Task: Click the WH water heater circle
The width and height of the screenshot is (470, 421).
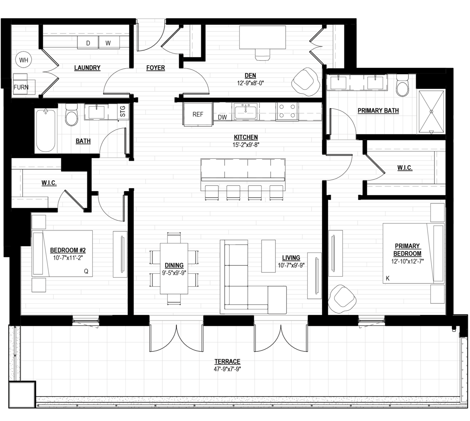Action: tap(24, 60)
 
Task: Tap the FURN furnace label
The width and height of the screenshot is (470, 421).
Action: tap(21, 87)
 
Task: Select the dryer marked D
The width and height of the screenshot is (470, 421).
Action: tap(88, 42)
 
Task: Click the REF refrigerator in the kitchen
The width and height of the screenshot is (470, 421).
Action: tap(198, 114)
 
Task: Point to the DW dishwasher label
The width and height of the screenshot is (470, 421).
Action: tap(222, 117)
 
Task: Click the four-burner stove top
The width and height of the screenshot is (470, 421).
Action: tap(287, 111)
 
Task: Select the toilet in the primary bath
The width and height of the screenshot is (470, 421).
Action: tap(402, 85)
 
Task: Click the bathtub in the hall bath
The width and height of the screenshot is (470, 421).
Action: tap(45, 131)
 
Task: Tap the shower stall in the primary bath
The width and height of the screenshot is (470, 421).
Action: tap(431, 112)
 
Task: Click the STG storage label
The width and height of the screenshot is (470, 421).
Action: tap(123, 111)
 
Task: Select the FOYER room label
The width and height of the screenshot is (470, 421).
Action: tap(155, 68)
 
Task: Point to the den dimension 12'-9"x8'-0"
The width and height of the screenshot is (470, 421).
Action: tap(250, 83)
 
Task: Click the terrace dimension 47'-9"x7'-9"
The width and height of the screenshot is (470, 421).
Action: tap(227, 369)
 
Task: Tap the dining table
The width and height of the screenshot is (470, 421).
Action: tap(174, 268)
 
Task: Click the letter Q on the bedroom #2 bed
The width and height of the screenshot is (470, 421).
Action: tap(86, 271)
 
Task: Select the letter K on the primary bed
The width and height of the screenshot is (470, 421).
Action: tap(387, 278)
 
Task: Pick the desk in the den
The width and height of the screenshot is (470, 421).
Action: tap(262, 37)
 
